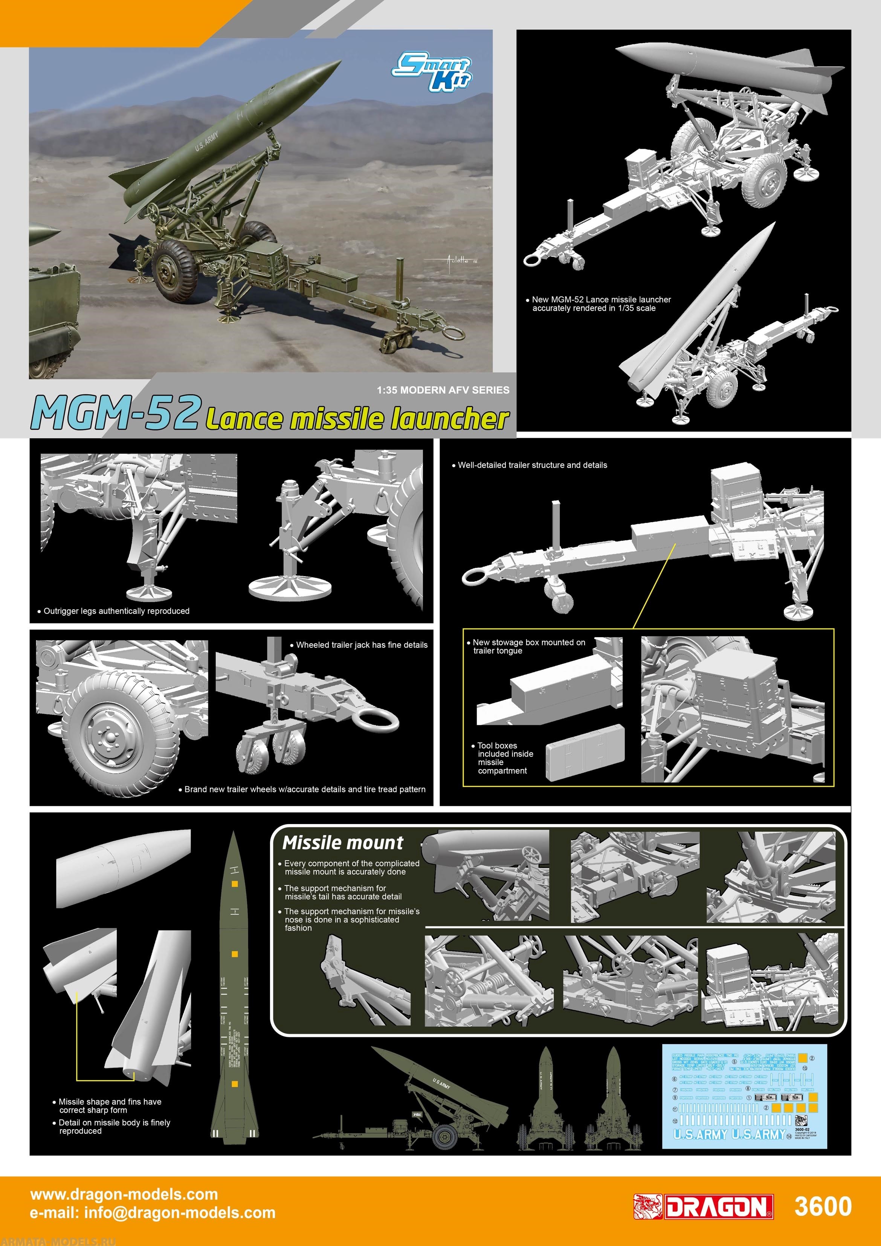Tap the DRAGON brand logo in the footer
[703, 1206]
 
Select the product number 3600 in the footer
[822, 1206]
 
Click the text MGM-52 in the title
[116, 414]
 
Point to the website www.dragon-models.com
[124, 1194]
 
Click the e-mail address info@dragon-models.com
[153, 1213]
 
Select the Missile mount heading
[342, 843]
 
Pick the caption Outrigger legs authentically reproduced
[116, 611]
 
